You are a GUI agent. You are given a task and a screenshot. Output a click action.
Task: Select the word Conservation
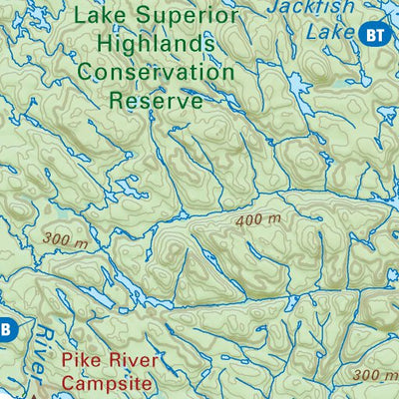coord(157,73)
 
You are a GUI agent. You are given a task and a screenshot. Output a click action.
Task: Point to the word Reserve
coord(156,100)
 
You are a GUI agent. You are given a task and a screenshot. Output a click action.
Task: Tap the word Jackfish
coord(323,8)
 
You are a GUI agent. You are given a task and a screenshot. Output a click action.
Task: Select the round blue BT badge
coord(374,35)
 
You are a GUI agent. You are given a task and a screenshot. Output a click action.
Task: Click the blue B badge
coord(5,328)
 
